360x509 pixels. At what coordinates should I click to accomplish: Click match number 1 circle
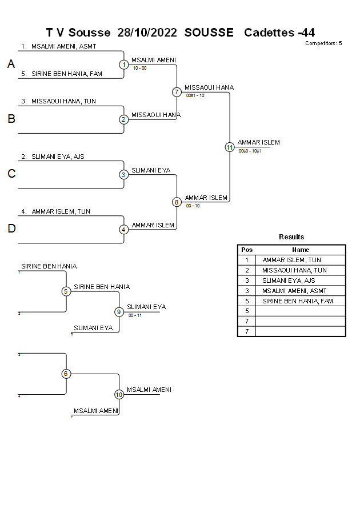124,65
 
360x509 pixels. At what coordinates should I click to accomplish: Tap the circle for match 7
177,92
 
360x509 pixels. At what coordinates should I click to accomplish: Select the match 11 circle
230,147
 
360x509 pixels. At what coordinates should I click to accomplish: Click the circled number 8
177,202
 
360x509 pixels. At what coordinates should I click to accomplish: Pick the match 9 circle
119,312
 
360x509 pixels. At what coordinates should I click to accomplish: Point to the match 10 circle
119,394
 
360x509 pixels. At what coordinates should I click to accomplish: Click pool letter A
11,65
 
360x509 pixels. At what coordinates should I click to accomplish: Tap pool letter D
11,229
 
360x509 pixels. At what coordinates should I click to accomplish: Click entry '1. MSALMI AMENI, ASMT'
59,46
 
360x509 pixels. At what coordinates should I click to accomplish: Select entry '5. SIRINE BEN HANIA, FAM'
62,74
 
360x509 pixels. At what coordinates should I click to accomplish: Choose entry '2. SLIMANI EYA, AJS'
53,157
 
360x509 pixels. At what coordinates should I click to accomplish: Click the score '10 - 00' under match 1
139,68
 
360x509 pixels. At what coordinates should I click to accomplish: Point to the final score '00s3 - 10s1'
250,151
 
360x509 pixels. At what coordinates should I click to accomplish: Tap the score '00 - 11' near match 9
135,315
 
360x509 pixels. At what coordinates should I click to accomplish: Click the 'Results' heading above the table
291,237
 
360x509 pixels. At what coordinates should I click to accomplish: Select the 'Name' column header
301,250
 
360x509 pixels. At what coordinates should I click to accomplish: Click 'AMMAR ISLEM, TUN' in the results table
291,260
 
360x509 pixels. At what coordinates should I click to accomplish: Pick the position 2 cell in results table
247,270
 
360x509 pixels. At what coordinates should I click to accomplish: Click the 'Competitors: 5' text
323,43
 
